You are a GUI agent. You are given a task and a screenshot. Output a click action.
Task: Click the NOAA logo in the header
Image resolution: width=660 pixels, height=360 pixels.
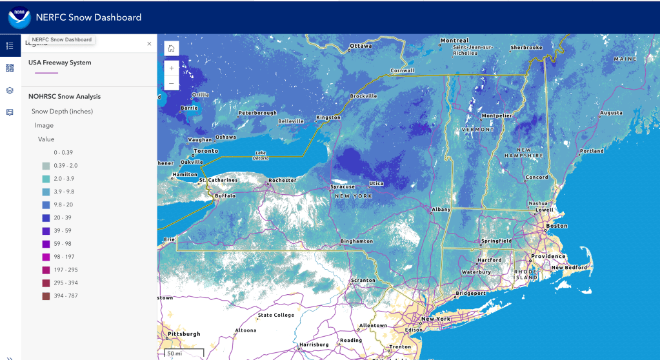[x=19, y=17]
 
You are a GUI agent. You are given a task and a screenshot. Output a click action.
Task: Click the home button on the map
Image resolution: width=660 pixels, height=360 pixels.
[x=171, y=48]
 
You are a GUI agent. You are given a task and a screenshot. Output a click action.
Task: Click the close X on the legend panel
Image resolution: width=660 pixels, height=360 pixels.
[x=149, y=44]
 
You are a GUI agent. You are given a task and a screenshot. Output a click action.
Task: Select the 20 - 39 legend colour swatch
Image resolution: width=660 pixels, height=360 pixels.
[x=46, y=218]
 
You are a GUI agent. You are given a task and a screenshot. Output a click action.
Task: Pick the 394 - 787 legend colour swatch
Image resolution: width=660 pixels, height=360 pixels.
[x=46, y=296]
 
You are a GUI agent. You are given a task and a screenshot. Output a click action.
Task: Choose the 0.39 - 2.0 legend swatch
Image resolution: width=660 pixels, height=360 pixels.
[x=46, y=166]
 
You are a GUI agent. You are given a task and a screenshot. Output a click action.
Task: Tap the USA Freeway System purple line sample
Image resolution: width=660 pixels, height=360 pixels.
[x=42, y=73]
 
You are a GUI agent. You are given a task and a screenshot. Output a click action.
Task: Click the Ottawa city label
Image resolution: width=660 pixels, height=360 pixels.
[x=361, y=46]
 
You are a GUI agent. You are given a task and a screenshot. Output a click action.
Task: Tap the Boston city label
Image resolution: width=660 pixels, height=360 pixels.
[x=557, y=226]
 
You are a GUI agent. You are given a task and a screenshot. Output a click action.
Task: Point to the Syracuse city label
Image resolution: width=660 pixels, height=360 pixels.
[x=343, y=187]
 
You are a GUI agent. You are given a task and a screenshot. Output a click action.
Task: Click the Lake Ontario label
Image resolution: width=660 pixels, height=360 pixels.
[x=260, y=155]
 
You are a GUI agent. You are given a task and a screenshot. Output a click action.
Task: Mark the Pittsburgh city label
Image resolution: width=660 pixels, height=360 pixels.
[x=183, y=334]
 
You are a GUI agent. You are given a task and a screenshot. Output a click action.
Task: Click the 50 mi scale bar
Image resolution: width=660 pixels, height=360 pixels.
[x=181, y=354]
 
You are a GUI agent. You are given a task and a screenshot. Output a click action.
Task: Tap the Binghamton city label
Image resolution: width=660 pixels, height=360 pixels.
[x=357, y=242]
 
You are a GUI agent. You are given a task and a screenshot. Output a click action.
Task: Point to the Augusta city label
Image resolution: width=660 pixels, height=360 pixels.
[x=611, y=113]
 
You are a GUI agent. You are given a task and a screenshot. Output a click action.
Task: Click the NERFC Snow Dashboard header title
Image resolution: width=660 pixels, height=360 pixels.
[x=89, y=17]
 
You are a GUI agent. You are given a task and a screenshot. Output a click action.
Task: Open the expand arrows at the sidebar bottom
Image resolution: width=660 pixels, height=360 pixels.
[x=10, y=357]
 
